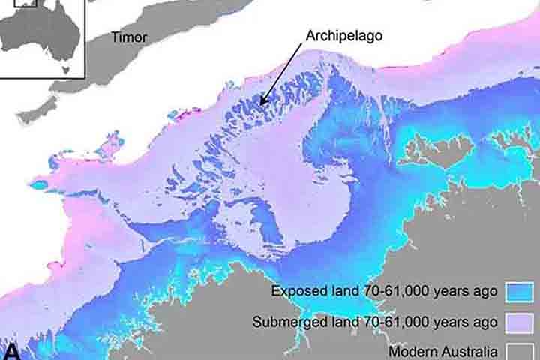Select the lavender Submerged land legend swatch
tap(519, 322)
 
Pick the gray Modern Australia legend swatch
tap(519, 351)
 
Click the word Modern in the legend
tap(412, 351)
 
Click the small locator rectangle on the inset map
tap(25, 2)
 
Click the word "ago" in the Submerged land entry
tap(485, 322)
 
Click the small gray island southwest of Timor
tap(36, 110)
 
